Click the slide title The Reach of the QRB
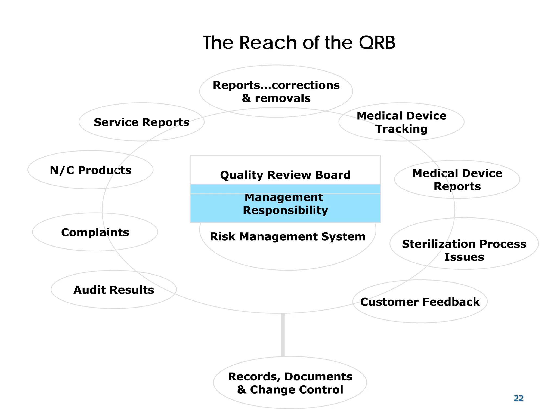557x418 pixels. point(299,43)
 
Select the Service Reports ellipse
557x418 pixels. point(141,122)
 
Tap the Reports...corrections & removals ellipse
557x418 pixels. point(276,91)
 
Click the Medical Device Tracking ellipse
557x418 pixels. point(401,122)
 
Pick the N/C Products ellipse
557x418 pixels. point(91,170)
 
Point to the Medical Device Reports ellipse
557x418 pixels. point(457,179)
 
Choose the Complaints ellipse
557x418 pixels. point(95,232)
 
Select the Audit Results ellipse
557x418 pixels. point(113,290)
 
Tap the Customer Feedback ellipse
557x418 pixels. point(420,302)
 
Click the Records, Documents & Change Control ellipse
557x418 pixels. point(290,383)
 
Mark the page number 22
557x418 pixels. point(519,398)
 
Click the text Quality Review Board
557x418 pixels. point(285,175)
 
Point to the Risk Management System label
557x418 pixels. point(288,236)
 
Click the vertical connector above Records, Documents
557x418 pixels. point(283,335)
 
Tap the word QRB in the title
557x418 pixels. point(377,43)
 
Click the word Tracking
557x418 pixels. point(401,129)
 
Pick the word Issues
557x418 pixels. point(464,257)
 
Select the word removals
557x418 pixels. point(283,98)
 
